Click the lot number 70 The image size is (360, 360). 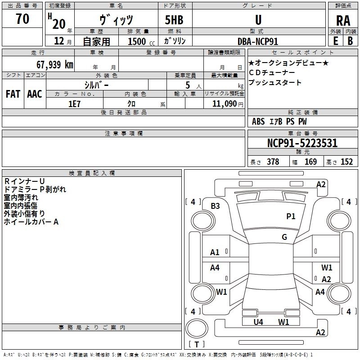[22, 19]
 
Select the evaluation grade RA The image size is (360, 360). [343, 21]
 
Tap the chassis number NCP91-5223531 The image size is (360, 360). [302, 143]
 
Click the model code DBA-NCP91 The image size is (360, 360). [258, 41]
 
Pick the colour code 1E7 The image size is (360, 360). [74, 103]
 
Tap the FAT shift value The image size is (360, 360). [13, 94]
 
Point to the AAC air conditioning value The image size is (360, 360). [35, 94]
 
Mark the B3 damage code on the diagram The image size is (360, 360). [215, 206]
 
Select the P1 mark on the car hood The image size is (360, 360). [291, 216]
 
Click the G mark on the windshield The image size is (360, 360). [284, 237]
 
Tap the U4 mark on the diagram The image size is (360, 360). [258, 322]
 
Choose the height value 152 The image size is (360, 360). [346, 162]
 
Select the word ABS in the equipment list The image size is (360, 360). [258, 121]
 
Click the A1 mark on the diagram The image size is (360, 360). [215, 252]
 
